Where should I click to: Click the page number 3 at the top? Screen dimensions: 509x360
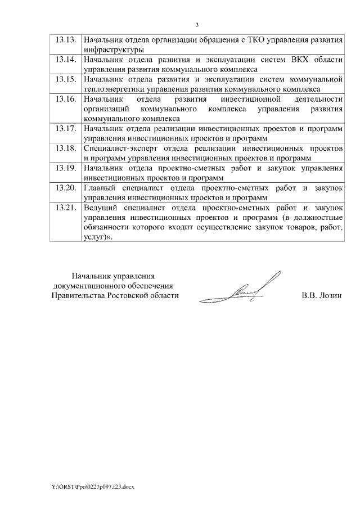tap(197, 24)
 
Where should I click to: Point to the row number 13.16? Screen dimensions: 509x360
tap(65, 99)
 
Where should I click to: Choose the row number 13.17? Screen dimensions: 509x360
tap(65, 128)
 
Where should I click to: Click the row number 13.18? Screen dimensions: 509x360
tap(65, 148)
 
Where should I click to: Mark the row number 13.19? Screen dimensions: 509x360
tap(65, 168)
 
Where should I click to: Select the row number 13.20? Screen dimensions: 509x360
tap(65, 187)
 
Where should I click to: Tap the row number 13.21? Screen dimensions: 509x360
tap(65, 207)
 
